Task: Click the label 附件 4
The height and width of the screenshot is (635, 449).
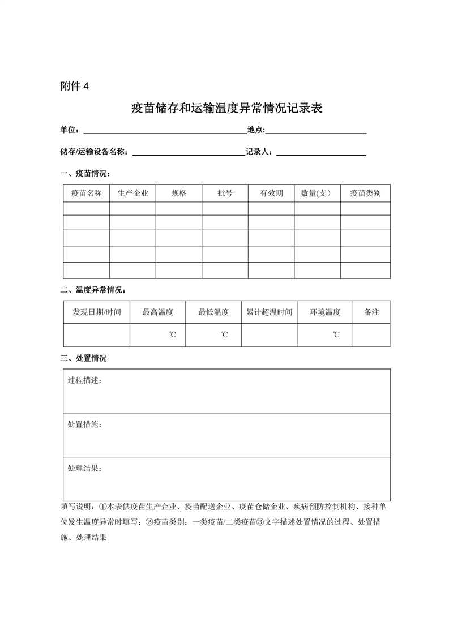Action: point(74,87)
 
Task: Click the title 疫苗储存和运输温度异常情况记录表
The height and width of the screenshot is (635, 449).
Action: point(226,108)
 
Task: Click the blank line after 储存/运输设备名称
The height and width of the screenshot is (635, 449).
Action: point(187,152)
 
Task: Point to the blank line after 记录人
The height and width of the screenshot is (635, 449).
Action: point(321,152)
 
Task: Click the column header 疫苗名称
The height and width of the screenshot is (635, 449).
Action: point(86,193)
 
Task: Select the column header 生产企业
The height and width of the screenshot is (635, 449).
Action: point(132,193)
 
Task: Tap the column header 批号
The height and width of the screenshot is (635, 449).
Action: point(225,193)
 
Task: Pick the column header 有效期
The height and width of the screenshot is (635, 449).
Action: point(271,193)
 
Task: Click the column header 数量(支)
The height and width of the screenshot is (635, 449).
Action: point(317,193)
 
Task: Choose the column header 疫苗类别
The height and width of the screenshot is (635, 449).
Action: point(365,193)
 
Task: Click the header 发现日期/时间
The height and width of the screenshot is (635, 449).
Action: point(97,312)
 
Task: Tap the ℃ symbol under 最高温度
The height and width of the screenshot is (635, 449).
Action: point(172,335)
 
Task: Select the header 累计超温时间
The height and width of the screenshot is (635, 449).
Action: point(269,312)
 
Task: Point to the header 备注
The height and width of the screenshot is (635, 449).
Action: point(371,312)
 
